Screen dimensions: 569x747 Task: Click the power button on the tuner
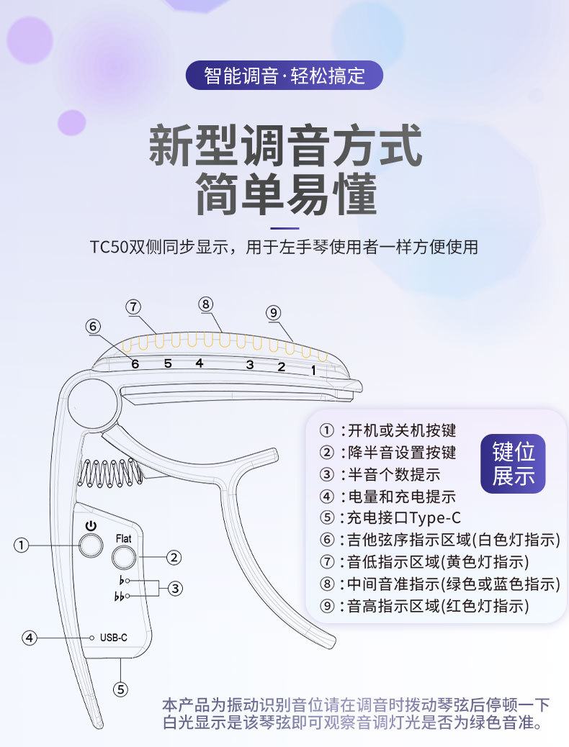point(91,545)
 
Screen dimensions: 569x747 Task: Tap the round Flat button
point(123,556)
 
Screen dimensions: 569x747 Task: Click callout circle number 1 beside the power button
point(22,545)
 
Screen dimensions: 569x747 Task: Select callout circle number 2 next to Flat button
point(174,556)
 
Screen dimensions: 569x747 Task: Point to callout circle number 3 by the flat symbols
point(175,588)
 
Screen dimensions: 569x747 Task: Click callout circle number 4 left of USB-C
point(29,638)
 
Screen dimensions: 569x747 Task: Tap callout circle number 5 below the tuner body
point(120,689)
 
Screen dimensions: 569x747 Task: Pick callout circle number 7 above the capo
point(133,306)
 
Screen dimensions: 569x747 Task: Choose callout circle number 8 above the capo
point(206,304)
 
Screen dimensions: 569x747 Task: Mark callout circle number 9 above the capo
point(272,312)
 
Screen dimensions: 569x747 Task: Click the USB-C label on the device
point(114,638)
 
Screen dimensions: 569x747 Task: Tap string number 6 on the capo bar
point(135,363)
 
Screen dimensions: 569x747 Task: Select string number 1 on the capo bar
point(313,370)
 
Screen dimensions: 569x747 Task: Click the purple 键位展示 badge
point(514,464)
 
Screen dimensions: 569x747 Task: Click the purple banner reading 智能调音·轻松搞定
point(284,76)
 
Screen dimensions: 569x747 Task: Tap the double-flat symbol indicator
point(120,597)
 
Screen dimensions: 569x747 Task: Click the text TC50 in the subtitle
point(109,247)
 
